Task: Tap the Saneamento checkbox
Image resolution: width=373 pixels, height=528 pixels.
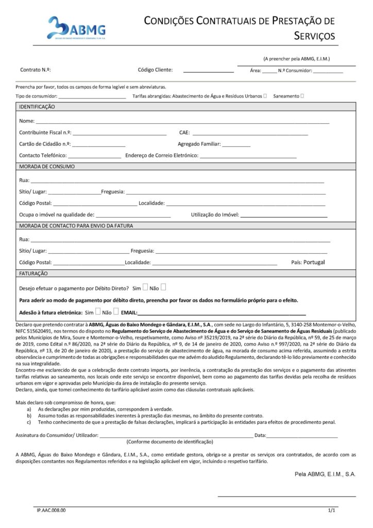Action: [x=302, y=95]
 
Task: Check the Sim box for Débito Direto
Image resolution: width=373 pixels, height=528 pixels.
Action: [x=145, y=287]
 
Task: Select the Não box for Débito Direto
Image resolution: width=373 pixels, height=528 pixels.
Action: [x=163, y=287]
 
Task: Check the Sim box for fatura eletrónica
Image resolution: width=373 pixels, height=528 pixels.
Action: [x=98, y=311]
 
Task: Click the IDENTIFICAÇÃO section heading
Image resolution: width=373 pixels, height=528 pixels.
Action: [x=37, y=107]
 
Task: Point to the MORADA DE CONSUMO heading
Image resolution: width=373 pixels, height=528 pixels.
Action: [x=47, y=167]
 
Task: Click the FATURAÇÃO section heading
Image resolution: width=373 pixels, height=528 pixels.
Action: [x=33, y=273]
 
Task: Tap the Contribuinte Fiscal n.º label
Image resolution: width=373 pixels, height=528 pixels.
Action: [x=45, y=133]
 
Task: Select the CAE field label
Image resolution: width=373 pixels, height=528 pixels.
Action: [x=184, y=133]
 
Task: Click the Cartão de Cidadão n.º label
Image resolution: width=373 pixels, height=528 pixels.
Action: [x=45, y=144]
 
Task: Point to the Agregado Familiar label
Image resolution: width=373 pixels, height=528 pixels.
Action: [x=199, y=144]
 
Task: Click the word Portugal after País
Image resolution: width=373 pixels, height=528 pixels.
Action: [x=314, y=262]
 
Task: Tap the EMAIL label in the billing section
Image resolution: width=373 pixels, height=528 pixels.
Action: [x=129, y=312]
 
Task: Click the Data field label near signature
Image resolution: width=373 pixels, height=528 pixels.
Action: [x=260, y=436]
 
